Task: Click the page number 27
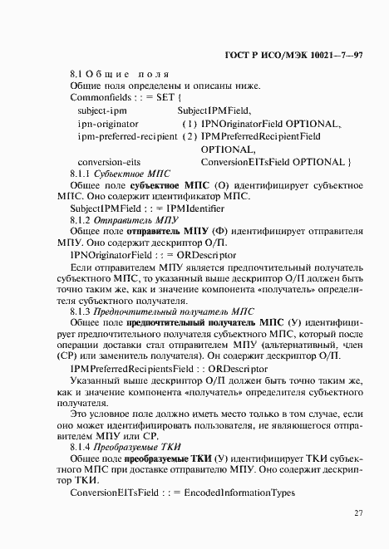pos(358,513)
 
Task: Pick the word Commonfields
pos(100,97)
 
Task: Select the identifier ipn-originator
pos(107,123)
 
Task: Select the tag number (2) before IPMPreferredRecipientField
pos(188,135)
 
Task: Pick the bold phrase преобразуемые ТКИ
pos(166,458)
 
